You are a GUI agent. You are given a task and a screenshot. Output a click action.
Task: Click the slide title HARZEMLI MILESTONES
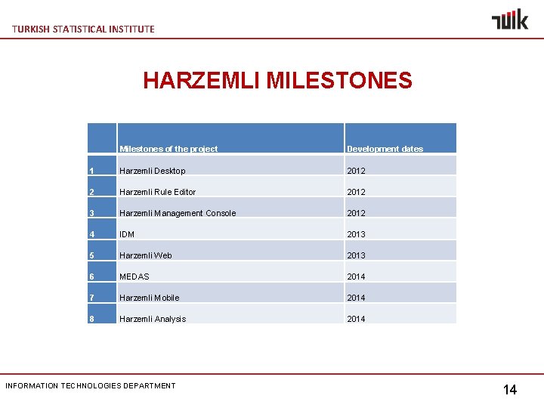click(277, 80)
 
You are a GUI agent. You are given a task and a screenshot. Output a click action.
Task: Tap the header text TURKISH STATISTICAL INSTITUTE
click(84, 29)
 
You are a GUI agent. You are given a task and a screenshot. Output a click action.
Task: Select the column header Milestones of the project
click(168, 149)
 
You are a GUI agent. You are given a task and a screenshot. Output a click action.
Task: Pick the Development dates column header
click(385, 149)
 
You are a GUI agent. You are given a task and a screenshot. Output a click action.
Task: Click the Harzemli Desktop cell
click(152, 171)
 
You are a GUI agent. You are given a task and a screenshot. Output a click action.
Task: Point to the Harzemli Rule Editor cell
click(157, 192)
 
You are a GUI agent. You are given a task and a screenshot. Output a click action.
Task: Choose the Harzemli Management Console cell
click(178, 213)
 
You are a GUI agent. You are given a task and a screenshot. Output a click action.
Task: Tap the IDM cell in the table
click(127, 234)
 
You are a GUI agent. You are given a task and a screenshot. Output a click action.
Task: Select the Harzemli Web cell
click(145, 255)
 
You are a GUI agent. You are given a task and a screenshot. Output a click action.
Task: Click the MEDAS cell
click(134, 277)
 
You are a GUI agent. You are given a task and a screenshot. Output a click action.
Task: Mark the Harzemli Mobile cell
click(149, 298)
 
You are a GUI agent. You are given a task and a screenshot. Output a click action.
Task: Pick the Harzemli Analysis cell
click(152, 319)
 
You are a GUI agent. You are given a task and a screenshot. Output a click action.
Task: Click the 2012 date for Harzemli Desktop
click(356, 171)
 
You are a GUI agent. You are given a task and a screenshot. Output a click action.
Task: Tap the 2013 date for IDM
click(356, 234)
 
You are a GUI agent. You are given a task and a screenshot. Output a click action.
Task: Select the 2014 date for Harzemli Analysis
click(356, 319)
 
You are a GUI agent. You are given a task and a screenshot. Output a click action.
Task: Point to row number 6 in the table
click(91, 277)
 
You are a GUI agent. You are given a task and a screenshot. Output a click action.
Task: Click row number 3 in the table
click(91, 213)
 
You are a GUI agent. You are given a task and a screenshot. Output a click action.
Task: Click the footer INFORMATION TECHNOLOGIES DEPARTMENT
click(90, 386)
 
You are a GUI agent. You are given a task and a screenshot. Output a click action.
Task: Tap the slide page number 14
click(510, 390)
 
